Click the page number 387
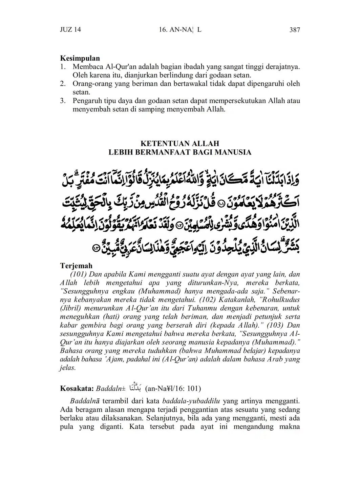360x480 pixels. tap(295, 30)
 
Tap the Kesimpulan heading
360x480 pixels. tap(80, 58)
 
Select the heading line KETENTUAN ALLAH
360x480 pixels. tap(180, 144)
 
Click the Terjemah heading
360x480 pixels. tap(76, 266)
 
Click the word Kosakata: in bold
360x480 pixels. tap(77, 388)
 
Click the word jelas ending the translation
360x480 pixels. tap(67, 368)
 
